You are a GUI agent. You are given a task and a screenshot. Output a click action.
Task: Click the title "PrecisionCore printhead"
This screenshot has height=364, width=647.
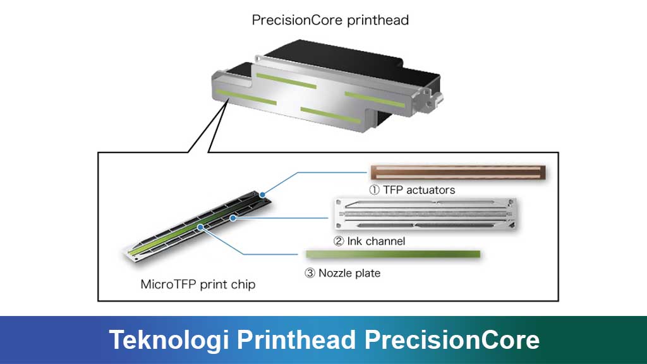pyautogui.click(x=330, y=20)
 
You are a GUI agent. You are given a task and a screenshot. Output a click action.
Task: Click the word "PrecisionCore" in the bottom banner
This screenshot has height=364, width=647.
pyautogui.click(x=452, y=340)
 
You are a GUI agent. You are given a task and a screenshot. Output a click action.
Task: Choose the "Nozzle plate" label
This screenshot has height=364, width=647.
pyautogui.click(x=349, y=274)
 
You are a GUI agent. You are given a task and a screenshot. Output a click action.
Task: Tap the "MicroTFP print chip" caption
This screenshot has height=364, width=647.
pyautogui.click(x=198, y=284)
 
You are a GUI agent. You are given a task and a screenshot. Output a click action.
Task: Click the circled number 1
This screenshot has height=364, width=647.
pyautogui.click(x=375, y=190)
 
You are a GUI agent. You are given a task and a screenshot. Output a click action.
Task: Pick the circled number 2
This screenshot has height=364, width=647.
pyautogui.click(x=338, y=241)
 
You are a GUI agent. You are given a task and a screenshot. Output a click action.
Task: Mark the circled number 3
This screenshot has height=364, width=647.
pyautogui.click(x=310, y=274)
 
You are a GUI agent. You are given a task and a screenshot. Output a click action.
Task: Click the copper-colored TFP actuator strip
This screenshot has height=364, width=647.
pyautogui.click(x=458, y=171)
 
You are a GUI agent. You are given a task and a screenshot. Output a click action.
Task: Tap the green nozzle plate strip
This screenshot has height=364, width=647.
pyautogui.click(x=392, y=254)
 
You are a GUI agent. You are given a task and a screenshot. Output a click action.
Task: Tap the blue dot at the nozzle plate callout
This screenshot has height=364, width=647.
pyautogui.click(x=200, y=226)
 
